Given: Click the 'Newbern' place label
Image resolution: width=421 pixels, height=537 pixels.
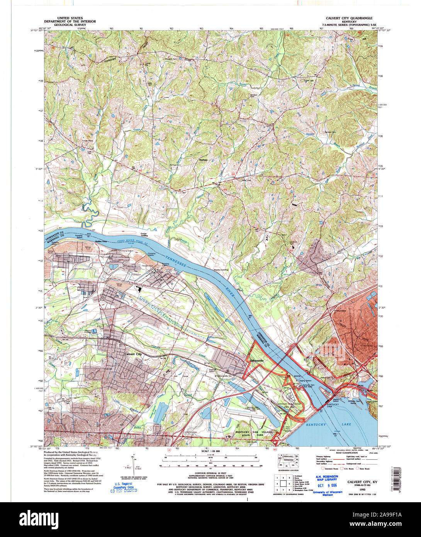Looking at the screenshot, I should pos(203,160).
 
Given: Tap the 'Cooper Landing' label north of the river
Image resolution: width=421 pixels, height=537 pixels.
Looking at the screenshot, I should pos(144,235).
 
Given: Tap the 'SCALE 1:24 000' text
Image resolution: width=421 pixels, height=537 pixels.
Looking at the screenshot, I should pos(211,451).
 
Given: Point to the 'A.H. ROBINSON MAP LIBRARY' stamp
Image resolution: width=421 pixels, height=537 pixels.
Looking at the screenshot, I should pos(326,478).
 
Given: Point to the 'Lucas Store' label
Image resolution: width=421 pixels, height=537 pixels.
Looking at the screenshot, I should pos(88,141).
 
